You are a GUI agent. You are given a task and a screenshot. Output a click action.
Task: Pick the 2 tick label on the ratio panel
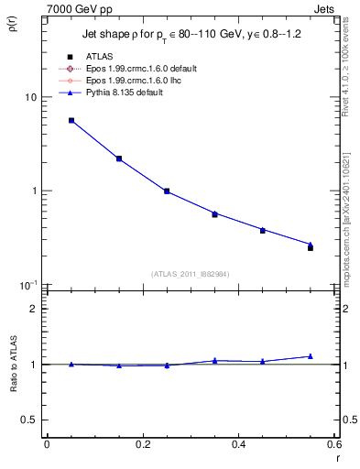[x=34, y=310]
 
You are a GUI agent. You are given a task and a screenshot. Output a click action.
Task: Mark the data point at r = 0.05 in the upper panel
[x=71, y=120]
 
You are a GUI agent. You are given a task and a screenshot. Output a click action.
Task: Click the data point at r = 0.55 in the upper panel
[x=311, y=247]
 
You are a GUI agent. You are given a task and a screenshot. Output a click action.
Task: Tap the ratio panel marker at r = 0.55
[x=311, y=356]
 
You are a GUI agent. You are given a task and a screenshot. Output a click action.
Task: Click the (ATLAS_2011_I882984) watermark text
[x=190, y=273]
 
